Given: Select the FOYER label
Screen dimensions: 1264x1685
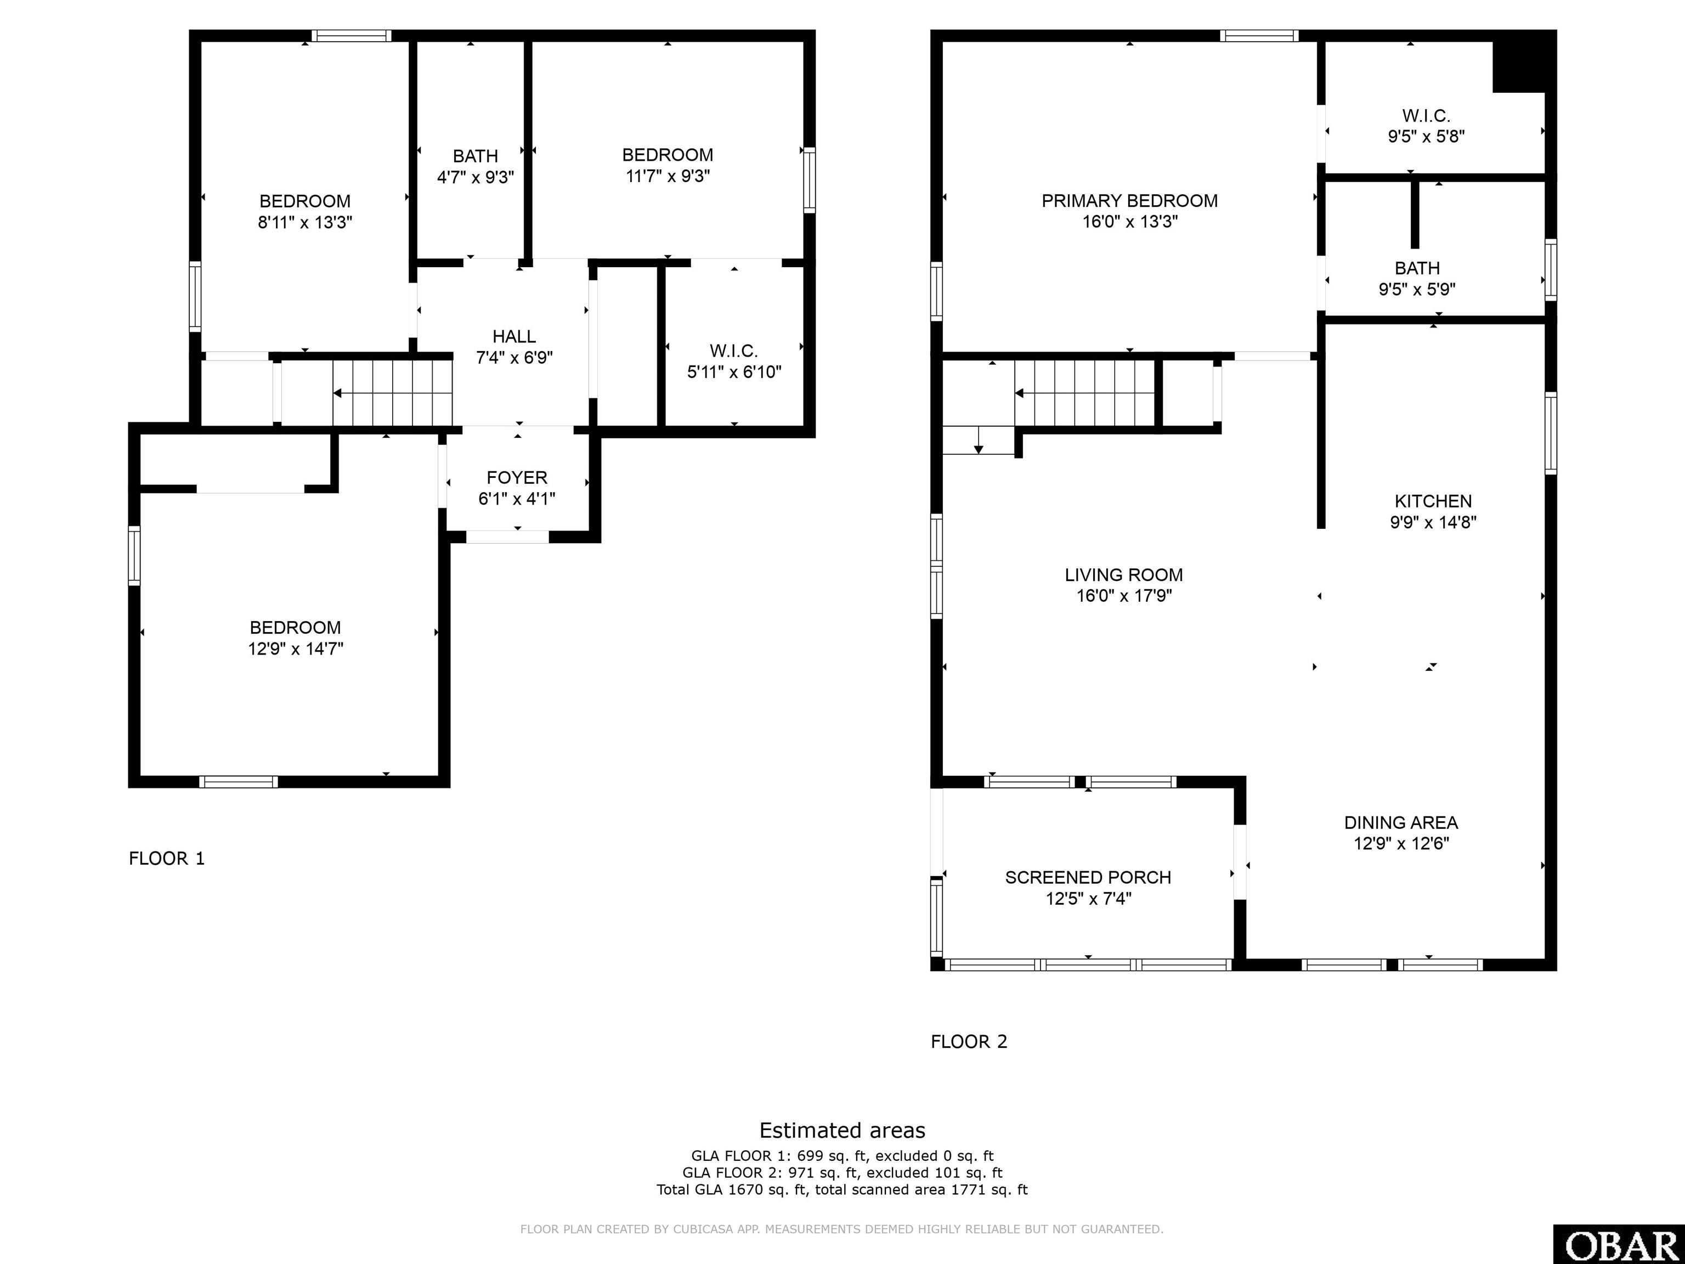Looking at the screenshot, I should click(517, 478).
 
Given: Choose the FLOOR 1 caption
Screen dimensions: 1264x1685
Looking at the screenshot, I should click(167, 859).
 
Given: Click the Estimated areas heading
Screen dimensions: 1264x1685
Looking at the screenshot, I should click(842, 1130).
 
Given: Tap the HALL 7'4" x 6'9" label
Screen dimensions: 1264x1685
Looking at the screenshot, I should click(514, 347).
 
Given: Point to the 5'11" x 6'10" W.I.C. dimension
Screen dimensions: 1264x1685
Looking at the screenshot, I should click(734, 373).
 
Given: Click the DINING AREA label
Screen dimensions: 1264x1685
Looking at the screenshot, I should click(1400, 823).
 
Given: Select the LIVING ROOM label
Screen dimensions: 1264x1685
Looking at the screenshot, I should click(1123, 575).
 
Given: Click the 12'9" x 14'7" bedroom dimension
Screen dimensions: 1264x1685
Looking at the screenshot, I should click(296, 649).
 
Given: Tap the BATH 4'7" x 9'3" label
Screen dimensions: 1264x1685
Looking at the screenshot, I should click(476, 167).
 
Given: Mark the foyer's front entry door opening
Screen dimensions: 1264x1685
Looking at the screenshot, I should click(507, 537).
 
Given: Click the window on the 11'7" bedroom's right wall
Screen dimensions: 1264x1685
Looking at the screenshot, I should click(809, 180).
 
